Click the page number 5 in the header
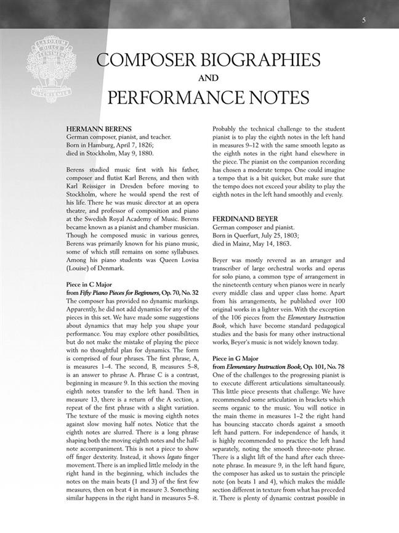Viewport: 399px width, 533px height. click(364, 20)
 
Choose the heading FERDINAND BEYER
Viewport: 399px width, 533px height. click(245, 218)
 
